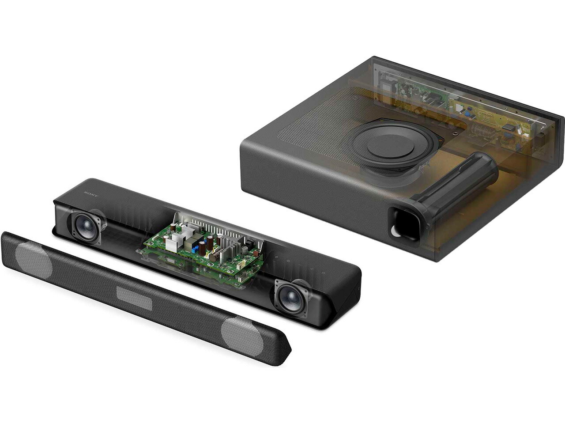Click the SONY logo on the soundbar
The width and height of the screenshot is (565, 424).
tap(91, 194)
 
